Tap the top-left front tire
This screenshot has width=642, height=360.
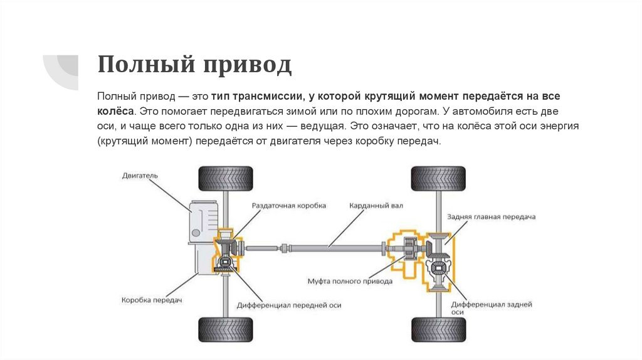pos(225,178)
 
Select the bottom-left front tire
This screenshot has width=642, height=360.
pos(225,329)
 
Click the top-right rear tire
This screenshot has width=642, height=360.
pos(438,178)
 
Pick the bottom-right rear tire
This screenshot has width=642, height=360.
pos(438,329)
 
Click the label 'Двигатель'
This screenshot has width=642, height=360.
pos(140,176)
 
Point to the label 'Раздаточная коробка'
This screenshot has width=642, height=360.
pos(289,205)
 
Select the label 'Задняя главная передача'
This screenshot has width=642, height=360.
pos(491,216)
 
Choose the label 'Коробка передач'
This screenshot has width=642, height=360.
pos(151,300)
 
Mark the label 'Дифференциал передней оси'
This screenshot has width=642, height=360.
pos(289,305)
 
